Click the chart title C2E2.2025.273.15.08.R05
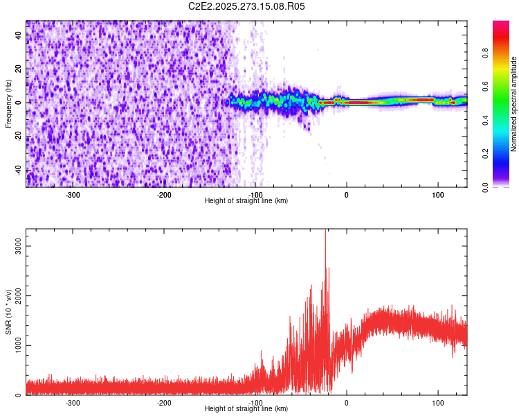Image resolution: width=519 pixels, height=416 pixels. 247,6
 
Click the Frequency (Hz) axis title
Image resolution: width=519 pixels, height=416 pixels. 8,104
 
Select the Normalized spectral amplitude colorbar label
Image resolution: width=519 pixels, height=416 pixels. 513,104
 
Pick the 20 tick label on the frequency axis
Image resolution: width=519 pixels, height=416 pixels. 19,69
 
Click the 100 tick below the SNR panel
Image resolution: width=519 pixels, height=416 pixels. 437,403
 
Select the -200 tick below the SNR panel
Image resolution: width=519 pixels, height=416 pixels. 164,403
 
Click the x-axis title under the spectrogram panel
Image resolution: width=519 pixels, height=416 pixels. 246,201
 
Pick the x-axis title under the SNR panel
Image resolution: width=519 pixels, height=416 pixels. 246,409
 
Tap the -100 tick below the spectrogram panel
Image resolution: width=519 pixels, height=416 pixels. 255,195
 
